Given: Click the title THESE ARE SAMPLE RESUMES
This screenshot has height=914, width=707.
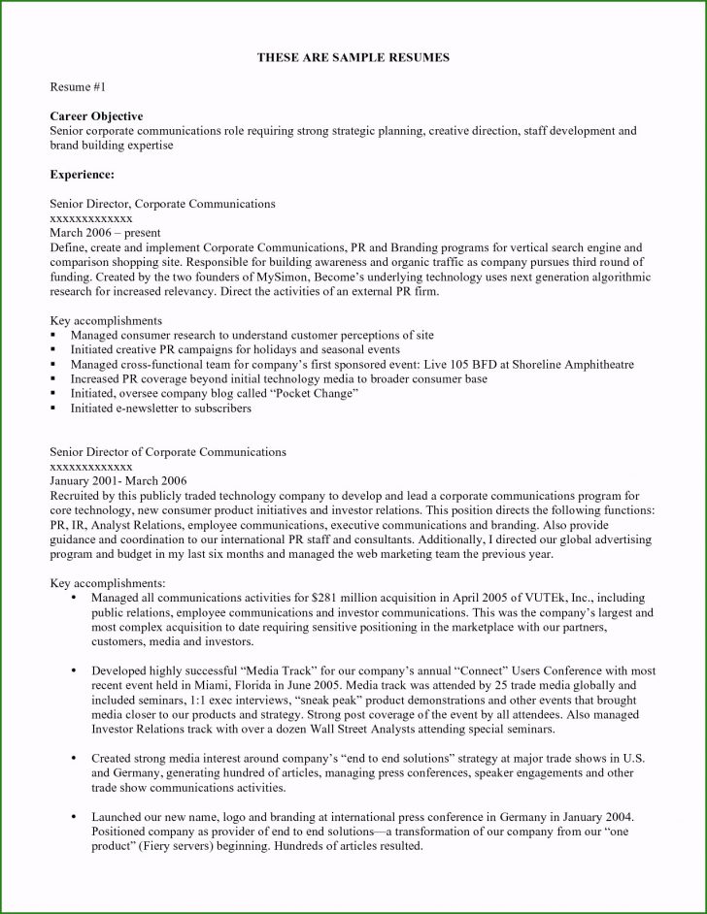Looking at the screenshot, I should point(353,58).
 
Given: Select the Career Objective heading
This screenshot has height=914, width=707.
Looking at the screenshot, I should point(96,116).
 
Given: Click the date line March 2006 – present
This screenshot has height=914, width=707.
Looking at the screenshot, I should point(104,233).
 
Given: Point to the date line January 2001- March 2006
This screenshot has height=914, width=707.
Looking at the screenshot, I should point(118,480).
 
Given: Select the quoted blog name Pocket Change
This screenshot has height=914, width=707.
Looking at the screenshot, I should point(314,394).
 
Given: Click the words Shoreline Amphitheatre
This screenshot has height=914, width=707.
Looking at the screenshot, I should point(564,365).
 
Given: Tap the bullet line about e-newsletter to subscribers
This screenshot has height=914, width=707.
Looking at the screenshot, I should point(160,408).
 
